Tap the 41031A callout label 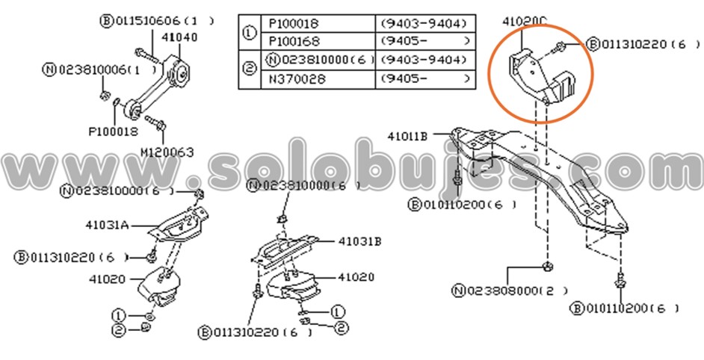pyautogui.click(x=110, y=223)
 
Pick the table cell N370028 pyautogui.click(x=294, y=78)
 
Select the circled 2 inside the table pyautogui.click(x=250, y=69)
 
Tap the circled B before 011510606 pyautogui.click(x=105, y=21)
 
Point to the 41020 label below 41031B pyautogui.click(x=356, y=276)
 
